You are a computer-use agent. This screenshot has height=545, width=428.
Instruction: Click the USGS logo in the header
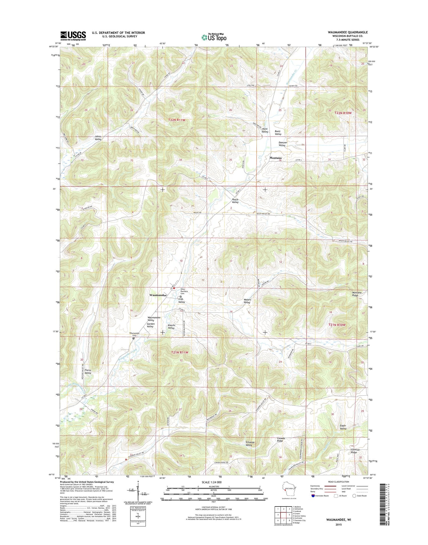(73, 36)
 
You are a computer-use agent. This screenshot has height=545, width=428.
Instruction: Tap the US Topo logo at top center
(214, 37)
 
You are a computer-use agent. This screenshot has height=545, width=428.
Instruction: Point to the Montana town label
(275, 158)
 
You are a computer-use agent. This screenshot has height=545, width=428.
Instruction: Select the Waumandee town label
(158, 295)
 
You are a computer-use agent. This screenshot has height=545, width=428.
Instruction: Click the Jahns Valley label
(98, 138)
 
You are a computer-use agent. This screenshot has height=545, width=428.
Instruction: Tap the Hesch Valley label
(235, 201)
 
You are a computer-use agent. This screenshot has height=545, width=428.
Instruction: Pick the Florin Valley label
(88, 371)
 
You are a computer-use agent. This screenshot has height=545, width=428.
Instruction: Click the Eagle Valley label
(343, 427)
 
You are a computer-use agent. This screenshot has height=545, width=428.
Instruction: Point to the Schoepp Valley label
(249, 444)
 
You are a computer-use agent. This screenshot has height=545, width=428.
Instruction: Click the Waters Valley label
(247, 301)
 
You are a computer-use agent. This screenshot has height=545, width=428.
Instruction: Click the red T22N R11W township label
(177, 120)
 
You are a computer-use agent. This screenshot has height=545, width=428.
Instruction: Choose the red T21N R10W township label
(337, 325)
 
